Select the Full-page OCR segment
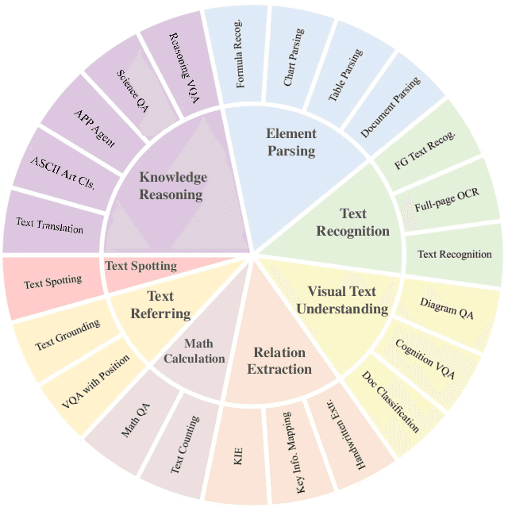446,206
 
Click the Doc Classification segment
391,402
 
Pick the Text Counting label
185,444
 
